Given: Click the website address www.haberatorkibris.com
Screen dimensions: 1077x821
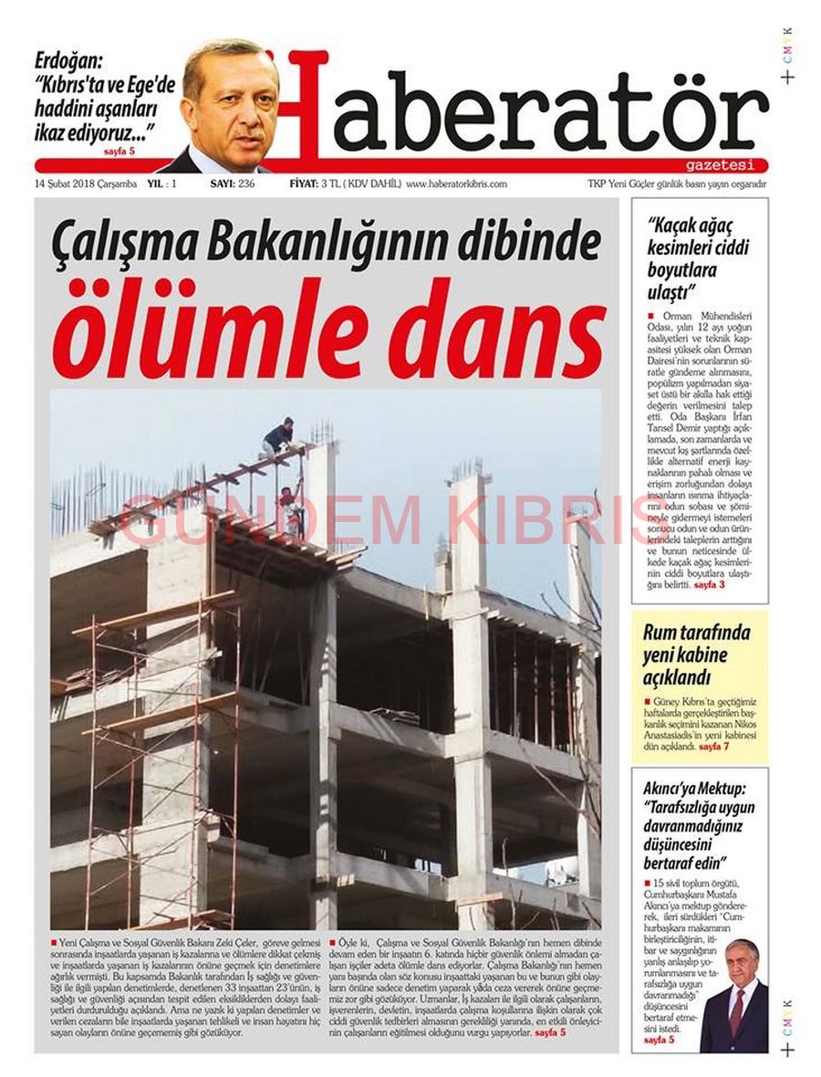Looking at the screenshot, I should pyautogui.click(x=456, y=183).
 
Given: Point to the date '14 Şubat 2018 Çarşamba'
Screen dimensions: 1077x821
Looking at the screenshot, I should pyautogui.click(x=86, y=183).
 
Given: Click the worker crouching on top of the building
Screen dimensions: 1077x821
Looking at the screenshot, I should pyautogui.click(x=277, y=436).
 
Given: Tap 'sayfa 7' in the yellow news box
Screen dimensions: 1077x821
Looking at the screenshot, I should pyautogui.click(x=713, y=748).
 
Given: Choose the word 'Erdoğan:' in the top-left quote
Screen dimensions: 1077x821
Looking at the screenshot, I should pyautogui.click(x=69, y=63).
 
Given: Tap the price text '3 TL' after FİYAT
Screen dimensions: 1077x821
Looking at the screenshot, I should pyautogui.click(x=330, y=183).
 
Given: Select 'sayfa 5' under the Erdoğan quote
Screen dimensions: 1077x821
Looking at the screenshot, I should pyautogui.click(x=120, y=151).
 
